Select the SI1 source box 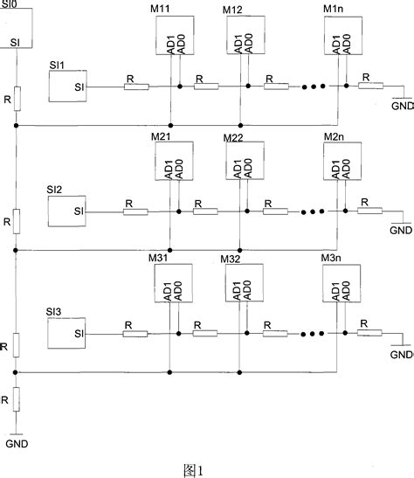pos(67,86)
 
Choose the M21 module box pos(170,162)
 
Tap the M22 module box pos(240,162)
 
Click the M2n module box pos(340,162)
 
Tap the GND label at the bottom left pos(17,443)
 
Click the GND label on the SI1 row pos(401,105)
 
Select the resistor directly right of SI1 pos(135,87)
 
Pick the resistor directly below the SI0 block pos(16,97)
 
